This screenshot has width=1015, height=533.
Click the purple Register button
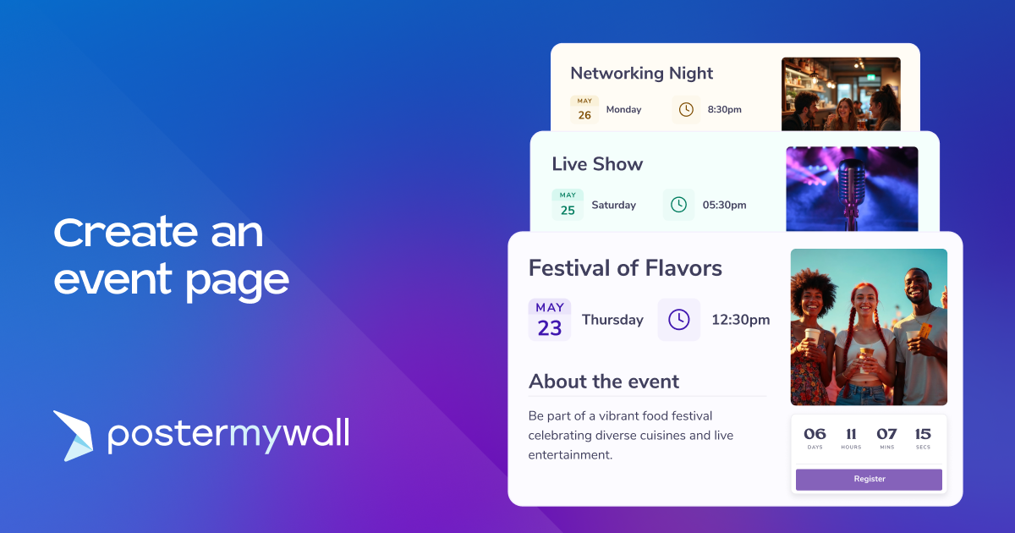(x=869, y=479)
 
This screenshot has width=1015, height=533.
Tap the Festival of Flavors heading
(x=625, y=268)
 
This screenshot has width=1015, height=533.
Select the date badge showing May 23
(x=550, y=320)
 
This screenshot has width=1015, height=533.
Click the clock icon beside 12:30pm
(x=678, y=320)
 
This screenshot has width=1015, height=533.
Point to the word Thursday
(x=612, y=320)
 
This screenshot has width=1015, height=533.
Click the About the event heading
(x=604, y=382)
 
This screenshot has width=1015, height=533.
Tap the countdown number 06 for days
(x=815, y=434)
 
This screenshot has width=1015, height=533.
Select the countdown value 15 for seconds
(x=923, y=434)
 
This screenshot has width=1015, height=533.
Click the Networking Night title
(x=642, y=74)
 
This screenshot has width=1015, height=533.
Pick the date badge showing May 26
(x=584, y=110)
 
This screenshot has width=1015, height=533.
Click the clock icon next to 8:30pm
(x=686, y=109)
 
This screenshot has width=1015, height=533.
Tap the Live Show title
(x=597, y=164)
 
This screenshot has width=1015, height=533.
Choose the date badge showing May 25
(x=568, y=205)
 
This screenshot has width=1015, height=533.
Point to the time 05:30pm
(x=724, y=205)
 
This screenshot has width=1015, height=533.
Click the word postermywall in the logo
(x=228, y=435)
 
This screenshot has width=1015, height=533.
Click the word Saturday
(x=613, y=205)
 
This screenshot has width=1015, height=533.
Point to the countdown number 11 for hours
(x=851, y=434)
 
